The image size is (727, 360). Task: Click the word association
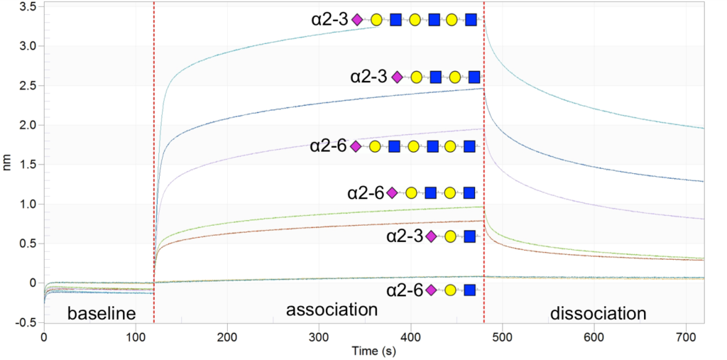[331, 310]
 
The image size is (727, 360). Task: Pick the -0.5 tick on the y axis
[26, 322]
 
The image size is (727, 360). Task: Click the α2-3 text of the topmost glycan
[329, 19]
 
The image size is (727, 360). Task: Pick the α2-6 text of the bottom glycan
[405, 290]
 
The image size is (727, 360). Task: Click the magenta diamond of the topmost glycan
[357, 19]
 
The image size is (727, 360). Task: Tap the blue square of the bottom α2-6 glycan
[469, 290]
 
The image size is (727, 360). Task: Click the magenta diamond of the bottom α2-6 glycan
[431, 290]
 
